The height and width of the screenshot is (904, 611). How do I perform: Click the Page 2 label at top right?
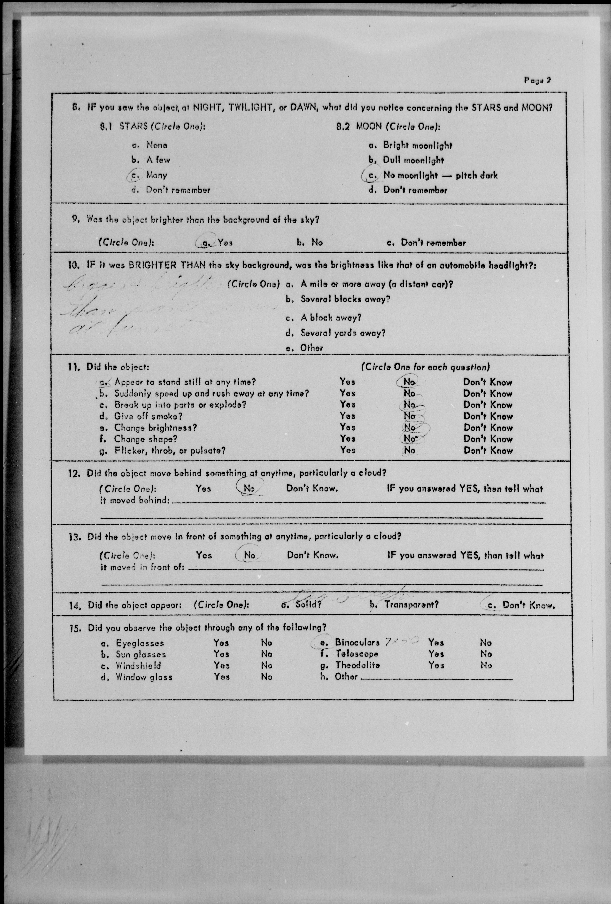(x=537, y=81)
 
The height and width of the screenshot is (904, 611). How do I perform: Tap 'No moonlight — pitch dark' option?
(x=440, y=175)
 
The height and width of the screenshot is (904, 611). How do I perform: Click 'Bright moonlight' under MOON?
(x=418, y=146)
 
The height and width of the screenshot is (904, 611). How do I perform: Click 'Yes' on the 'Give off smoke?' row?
(x=347, y=416)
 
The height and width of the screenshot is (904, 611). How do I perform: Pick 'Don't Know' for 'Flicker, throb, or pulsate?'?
(x=488, y=450)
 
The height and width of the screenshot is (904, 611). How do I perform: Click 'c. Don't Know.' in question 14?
(x=528, y=605)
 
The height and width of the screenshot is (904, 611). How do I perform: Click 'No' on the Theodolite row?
(x=486, y=665)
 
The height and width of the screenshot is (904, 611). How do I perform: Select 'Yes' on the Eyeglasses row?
(x=221, y=643)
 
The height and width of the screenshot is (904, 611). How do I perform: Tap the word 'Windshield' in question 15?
(x=138, y=666)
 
